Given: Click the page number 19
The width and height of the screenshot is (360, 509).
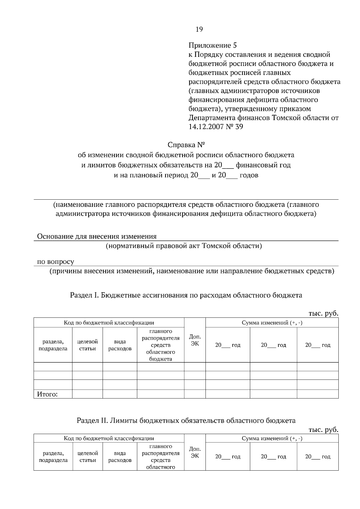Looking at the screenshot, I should pyautogui.click(x=199, y=29).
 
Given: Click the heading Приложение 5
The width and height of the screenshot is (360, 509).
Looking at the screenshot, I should pyautogui.click(x=212, y=46).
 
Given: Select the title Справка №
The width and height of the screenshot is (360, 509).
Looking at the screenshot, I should pyautogui.click(x=186, y=145).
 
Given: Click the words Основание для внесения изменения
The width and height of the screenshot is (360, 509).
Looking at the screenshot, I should pyautogui.click(x=97, y=236).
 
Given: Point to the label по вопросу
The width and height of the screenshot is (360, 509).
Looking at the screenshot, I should pyautogui.click(x=55, y=262).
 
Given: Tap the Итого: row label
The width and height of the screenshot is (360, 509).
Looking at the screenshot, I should pyautogui.click(x=47, y=394).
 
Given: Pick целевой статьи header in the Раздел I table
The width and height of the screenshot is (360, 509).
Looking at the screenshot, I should pyautogui.click(x=88, y=345).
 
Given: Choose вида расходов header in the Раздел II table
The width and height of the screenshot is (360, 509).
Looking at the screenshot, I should pyautogui.click(x=120, y=457).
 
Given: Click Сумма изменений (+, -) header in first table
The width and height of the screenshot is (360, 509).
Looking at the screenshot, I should pyautogui.click(x=272, y=323).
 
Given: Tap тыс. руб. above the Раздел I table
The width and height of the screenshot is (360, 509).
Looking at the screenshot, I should pyautogui.click(x=323, y=314).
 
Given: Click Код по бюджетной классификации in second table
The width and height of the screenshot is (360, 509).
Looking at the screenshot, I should pyautogui.click(x=109, y=438).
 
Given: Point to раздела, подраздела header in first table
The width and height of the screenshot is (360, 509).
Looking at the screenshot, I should pyautogui.click(x=53, y=345).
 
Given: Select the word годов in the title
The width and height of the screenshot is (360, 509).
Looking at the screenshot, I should pyautogui.click(x=249, y=175).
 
